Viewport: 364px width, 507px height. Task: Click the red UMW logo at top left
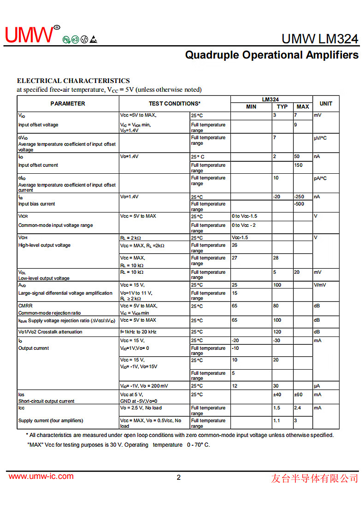pos(29,35)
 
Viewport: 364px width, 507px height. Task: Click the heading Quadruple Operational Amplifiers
pos(271,55)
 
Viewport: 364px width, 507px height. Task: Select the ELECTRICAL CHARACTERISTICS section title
pos(73,81)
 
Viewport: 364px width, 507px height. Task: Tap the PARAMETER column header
pos(68,104)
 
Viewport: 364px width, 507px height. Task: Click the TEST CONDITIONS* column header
pos(174,104)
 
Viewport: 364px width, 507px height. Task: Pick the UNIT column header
pos(326,104)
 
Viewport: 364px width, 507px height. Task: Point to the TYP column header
pos(282,107)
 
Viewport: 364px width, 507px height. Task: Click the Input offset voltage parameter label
pos(38,125)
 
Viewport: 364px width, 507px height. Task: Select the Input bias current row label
pos(36,204)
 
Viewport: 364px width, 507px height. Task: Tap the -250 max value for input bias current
pos(299,197)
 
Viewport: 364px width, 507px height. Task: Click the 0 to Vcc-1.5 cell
pos(244,216)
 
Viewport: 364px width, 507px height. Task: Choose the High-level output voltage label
pos(44,245)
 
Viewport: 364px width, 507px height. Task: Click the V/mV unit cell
pos(320,285)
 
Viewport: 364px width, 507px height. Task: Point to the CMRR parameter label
pos(25,306)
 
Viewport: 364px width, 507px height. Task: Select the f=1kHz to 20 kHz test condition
pos(138,332)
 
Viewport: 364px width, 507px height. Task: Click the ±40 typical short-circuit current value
pos(277,395)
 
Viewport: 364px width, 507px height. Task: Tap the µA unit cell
pos(317,386)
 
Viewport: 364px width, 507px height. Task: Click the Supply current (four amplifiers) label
pos(51,420)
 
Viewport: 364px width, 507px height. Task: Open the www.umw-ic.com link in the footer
pos(41,477)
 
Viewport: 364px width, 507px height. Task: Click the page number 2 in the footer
pos(179,478)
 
